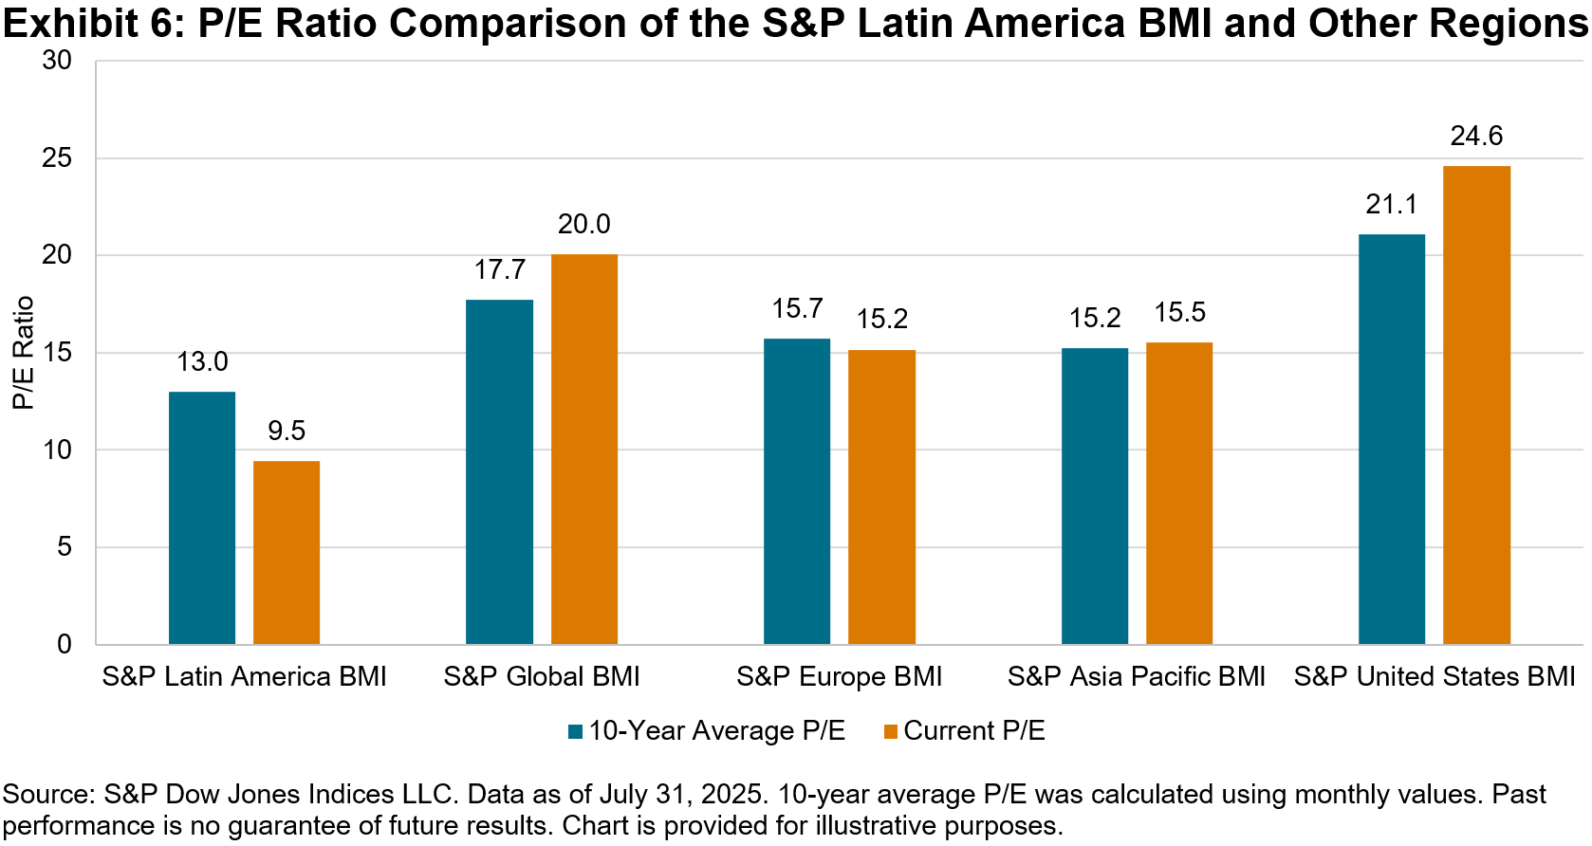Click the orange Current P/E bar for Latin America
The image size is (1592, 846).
click(x=287, y=552)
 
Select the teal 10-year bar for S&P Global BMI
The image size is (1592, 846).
click(x=499, y=471)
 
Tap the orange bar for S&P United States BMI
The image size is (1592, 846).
click(x=1476, y=405)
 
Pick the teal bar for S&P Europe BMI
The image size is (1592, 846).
click(x=796, y=491)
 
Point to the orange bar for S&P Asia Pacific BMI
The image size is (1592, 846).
click(x=1178, y=493)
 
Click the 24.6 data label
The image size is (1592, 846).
click(x=1476, y=137)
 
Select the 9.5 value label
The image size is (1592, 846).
click(x=287, y=432)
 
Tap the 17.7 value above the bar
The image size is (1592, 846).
click(x=499, y=270)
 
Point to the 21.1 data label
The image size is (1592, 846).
click(x=1391, y=205)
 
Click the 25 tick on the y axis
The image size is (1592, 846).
click(x=57, y=157)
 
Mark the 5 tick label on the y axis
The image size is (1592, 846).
click(x=65, y=547)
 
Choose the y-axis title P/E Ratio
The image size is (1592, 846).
click(x=23, y=353)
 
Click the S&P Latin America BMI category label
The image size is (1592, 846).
click(x=244, y=677)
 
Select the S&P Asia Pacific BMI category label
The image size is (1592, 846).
click(x=1136, y=677)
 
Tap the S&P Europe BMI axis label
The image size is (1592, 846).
click(x=839, y=677)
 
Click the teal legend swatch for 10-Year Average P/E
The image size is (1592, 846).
click(x=575, y=732)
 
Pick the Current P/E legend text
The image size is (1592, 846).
click(x=974, y=731)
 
